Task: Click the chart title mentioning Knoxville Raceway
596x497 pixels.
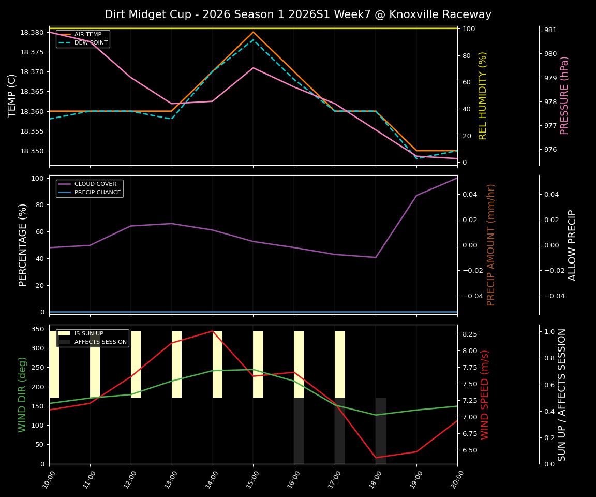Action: [x=298, y=14]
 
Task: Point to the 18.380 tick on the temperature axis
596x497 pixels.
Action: [x=32, y=32]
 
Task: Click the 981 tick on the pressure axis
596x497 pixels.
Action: [x=550, y=30]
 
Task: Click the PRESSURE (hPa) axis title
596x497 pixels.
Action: [x=564, y=95]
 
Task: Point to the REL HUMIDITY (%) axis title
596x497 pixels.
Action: [x=483, y=95]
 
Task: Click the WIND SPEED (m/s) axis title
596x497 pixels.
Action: [x=485, y=394]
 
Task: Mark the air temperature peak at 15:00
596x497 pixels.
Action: [x=253, y=32]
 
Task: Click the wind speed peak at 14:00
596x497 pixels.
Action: [x=212, y=331]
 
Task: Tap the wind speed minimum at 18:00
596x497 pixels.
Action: [x=376, y=458]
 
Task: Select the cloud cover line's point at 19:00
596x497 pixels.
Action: [x=416, y=195]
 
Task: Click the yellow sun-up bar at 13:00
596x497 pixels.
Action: [x=176, y=364]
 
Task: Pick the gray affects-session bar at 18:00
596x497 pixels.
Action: [x=381, y=431]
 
